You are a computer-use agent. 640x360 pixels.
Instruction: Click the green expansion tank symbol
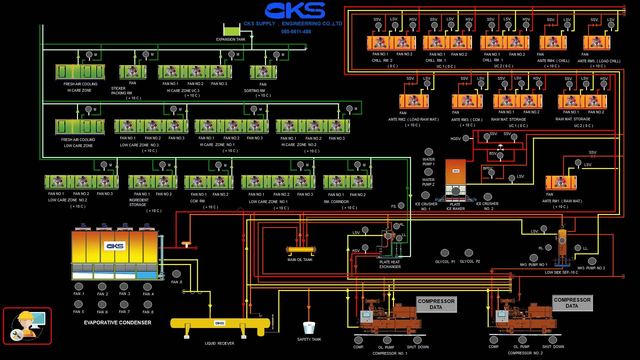[232, 30]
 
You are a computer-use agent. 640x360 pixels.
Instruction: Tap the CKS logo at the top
[295, 11]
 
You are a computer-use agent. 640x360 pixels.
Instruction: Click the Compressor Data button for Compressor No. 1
[436, 304]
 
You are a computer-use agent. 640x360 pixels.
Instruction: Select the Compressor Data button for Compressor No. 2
[572, 303]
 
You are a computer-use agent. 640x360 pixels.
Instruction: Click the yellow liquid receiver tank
[220, 324]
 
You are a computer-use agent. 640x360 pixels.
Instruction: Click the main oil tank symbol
[301, 250]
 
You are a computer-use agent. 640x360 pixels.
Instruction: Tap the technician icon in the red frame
[27, 326]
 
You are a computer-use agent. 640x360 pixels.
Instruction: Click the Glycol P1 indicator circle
[445, 253]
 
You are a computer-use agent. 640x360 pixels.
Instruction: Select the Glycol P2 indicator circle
[469, 253]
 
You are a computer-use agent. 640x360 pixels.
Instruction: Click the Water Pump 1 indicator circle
[429, 152]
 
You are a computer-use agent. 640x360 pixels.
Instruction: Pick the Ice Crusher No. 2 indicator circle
[488, 197]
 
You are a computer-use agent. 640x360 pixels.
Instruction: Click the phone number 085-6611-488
[296, 32]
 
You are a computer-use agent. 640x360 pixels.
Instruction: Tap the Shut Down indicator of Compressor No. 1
[417, 340]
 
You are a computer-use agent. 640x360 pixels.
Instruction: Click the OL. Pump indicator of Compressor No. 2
[522, 340]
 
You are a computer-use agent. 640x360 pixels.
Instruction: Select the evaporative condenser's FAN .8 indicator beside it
[176, 274]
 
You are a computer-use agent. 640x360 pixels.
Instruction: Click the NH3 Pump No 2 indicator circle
[592, 261]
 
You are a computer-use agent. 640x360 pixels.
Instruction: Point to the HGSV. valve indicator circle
[466, 138]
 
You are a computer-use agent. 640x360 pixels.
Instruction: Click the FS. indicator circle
[401, 206]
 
